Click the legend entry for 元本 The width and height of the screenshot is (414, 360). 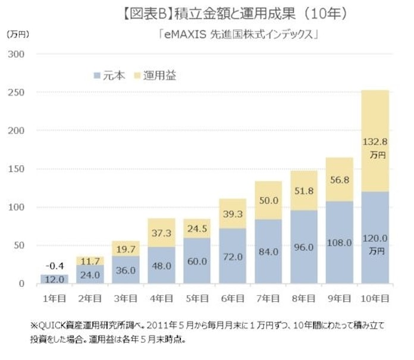coord(109,75)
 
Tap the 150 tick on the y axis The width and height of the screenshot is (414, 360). coord(18,169)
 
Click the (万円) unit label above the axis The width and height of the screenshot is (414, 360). coord(18,35)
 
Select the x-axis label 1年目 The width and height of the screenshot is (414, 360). coord(54,296)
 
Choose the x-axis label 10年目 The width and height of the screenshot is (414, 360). coord(372,296)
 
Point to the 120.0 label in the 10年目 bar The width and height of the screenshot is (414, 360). coord(372,238)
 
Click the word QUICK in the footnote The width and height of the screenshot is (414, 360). coord(52,325)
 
